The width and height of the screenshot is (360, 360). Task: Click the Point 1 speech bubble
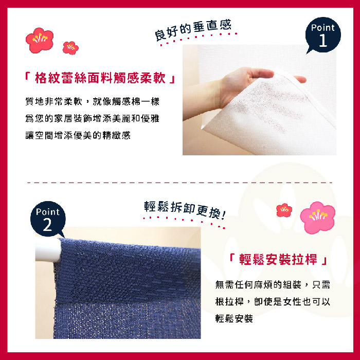(323, 34)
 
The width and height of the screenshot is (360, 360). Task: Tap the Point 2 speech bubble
(48, 219)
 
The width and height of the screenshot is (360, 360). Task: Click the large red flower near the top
(40, 40)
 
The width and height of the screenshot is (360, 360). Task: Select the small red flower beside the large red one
(70, 48)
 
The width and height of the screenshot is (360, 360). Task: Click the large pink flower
(317, 217)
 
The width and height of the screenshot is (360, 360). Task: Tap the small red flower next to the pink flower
(284, 210)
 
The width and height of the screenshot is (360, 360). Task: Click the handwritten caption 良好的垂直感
(193, 30)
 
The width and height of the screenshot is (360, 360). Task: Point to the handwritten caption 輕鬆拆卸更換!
(185, 209)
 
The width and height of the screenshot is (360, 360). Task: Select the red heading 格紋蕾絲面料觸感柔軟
(100, 78)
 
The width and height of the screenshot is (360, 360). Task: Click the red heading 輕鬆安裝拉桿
(278, 259)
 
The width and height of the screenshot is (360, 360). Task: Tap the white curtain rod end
(48, 250)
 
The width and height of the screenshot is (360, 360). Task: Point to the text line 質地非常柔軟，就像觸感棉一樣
(92, 101)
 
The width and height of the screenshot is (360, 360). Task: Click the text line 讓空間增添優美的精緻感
(78, 135)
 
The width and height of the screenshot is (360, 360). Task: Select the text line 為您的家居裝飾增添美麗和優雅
(92, 118)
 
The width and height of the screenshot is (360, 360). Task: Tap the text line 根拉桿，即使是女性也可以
(273, 301)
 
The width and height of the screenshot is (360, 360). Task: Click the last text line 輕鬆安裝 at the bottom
(234, 318)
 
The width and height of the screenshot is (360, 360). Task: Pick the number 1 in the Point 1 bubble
(323, 41)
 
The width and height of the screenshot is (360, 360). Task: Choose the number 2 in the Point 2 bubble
(47, 225)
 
